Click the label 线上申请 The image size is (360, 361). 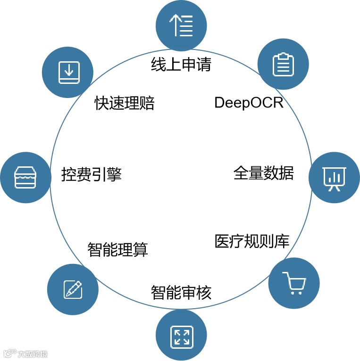181,64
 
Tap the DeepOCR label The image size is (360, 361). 249,102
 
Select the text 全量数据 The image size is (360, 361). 263,173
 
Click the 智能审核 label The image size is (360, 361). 181,293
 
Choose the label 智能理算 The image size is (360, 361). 117,249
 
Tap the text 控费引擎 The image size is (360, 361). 92,174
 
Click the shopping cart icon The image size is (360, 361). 293,283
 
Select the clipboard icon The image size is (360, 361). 283,64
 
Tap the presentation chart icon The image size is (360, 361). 334,178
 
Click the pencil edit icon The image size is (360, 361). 73,289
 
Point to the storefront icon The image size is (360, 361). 25,178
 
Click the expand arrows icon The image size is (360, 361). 181,335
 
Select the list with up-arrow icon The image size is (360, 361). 181,25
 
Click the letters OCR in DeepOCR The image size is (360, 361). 268,102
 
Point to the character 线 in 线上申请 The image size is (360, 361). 159,64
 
